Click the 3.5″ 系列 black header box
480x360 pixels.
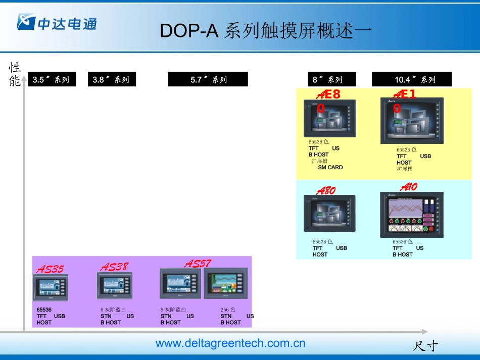(52, 79)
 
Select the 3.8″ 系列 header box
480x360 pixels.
(112, 79)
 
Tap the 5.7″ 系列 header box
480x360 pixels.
(208, 79)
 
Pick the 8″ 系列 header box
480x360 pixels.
(331, 79)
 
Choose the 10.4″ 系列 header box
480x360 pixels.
(412, 79)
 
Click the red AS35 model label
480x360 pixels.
(50, 269)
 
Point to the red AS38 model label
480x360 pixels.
(115, 267)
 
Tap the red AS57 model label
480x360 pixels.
(198, 264)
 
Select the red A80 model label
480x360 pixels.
(326, 191)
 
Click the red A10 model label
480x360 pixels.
(409, 187)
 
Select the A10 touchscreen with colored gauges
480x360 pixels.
(412, 215)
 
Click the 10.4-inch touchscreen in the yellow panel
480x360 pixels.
(412, 121)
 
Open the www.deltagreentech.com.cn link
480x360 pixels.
(230, 343)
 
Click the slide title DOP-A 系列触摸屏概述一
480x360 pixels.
(266, 31)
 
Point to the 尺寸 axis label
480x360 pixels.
(425, 346)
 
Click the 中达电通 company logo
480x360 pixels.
(57, 22)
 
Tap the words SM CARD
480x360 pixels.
(330, 167)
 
